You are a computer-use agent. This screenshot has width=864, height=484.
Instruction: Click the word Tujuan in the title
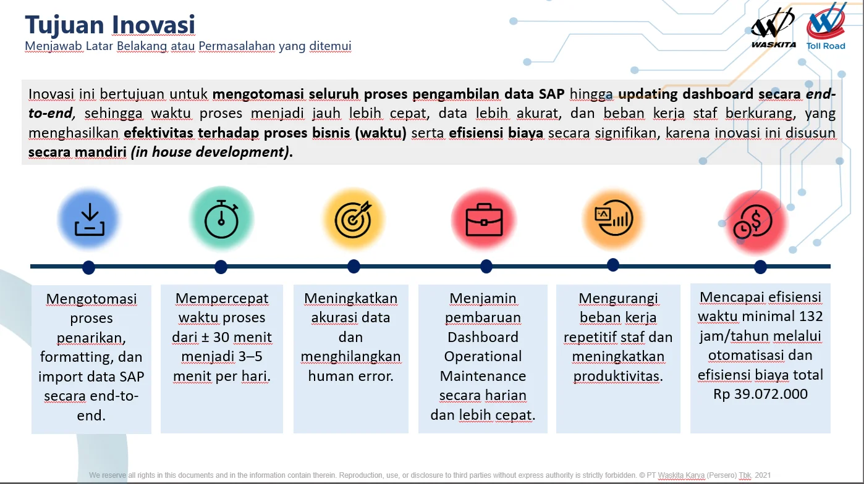[x=64, y=25]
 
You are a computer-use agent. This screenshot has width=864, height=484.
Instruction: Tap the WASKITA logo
[x=773, y=28]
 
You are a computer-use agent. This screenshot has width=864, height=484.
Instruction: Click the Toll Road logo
[x=826, y=27]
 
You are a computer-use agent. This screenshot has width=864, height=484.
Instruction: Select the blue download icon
[x=90, y=219]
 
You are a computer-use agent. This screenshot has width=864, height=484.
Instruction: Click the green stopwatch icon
[x=221, y=219]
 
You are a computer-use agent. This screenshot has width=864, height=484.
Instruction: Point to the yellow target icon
[x=353, y=219]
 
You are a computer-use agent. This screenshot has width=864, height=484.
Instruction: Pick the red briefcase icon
[x=484, y=220]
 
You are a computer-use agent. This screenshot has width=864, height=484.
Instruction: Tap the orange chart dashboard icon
[x=614, y=218]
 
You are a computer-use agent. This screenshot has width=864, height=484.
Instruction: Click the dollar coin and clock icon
[x=753, y=221]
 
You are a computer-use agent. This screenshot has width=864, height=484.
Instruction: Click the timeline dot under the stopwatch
[x=221, y=267]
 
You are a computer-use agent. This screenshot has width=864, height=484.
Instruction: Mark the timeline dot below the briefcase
[x=486, y=266]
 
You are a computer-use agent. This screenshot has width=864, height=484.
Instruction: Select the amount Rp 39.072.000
[x=760, y=394]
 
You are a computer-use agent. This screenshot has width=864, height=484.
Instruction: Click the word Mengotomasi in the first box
[x=91, y=299]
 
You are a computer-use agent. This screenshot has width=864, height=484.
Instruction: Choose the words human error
[x=350, y=376]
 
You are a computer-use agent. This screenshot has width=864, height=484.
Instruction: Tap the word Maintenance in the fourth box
[x=483, y=376]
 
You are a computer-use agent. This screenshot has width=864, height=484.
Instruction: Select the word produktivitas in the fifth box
[x=618, y=376]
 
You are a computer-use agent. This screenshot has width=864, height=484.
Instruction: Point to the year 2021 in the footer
[x=763, y=475]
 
